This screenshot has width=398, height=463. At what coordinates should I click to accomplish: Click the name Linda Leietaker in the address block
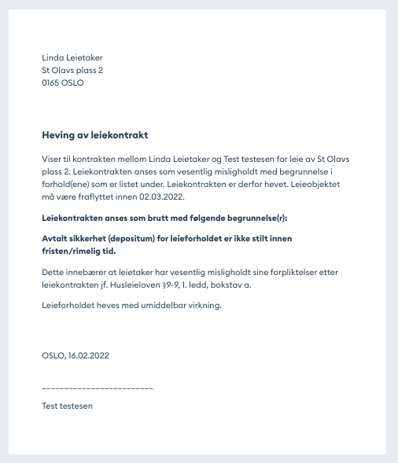[x=72, y=57]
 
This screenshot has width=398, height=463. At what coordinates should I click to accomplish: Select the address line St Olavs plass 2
[x=72, y=70]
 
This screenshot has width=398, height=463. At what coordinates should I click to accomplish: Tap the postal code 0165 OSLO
[x=63, y=83]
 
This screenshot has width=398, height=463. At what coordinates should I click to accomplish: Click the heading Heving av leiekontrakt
[x=95, y=135]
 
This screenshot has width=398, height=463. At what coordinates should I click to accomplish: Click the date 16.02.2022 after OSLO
[x=88, y=355]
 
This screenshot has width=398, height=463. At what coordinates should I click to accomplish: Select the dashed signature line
[x=98, y=388]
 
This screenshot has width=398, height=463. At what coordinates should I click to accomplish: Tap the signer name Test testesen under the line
[x=68, y=406]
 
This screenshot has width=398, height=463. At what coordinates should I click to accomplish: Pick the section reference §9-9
[x=165, y=284]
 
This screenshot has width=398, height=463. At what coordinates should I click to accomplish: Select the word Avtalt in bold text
[x=54, y=237]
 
